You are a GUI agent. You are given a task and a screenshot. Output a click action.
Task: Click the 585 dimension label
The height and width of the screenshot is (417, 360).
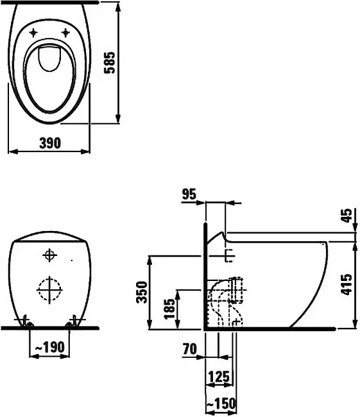109,62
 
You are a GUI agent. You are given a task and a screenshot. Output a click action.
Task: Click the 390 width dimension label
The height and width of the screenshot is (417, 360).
50,143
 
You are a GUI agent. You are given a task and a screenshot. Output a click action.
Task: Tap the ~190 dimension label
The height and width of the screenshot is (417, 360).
50,347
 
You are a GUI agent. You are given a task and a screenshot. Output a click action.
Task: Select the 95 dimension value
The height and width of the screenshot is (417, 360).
189,194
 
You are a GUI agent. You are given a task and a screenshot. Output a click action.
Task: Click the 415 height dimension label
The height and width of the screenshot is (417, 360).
346,284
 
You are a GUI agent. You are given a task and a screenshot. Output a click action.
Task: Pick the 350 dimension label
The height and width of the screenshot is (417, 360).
142,293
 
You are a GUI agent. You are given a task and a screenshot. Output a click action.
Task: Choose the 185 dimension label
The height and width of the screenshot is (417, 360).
169,309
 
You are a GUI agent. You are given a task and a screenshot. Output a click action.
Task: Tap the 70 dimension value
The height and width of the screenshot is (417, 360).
189,349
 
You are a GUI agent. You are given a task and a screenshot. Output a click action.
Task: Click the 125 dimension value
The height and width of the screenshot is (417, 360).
219,377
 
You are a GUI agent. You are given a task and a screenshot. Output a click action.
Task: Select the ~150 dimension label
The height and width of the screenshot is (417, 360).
221,404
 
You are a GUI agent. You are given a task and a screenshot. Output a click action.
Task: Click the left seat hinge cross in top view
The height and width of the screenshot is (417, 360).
33,33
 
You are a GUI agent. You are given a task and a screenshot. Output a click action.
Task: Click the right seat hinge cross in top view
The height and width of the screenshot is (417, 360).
65,33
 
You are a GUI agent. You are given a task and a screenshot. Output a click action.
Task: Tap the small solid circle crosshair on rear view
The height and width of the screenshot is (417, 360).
49,255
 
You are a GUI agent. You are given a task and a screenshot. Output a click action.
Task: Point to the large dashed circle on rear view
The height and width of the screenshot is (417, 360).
49,289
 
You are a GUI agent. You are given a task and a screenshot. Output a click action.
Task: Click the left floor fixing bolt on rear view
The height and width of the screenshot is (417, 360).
26,321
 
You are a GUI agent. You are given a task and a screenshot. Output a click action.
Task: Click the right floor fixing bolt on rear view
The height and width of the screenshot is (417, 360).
73,321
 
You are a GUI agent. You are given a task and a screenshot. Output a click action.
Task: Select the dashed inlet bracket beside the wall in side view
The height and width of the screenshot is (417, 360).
228,256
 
